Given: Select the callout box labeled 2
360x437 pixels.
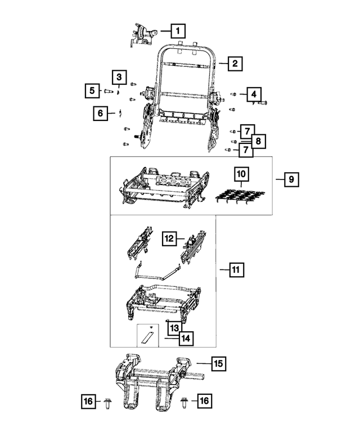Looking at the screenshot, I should click(236, 64).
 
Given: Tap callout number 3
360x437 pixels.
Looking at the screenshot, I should click(119, 76).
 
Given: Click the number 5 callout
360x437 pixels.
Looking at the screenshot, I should click(91, 89).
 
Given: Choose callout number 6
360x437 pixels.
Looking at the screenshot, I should click(101, 114).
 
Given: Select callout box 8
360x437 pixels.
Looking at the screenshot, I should click(258, 141).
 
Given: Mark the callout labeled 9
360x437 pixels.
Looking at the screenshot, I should click(291, 180).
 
